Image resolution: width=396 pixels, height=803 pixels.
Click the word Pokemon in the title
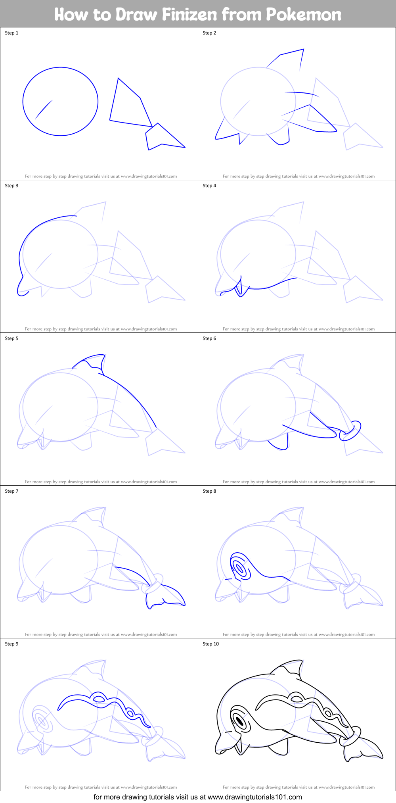click(x=303, y=15)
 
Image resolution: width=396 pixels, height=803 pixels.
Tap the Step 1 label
click(x=11, y=33)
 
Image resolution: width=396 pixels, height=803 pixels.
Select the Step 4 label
click(x=209, y=186)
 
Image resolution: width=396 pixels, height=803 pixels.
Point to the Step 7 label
click(x=11, y=491)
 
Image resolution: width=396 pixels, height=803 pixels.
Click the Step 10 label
click(x=210, y=644)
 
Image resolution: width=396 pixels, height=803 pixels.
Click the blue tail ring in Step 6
click(x=350, y=431)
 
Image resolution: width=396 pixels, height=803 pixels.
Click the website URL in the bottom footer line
click(x=254, y=797)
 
